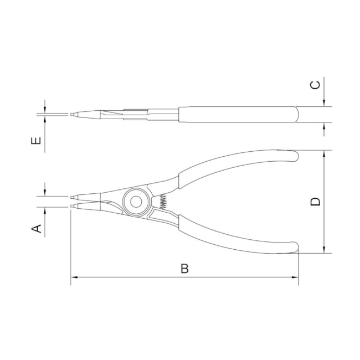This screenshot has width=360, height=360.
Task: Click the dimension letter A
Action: pyautogui.click(x=36, y=229)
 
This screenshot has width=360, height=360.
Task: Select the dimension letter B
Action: pyautogui.click(x=184, y=268)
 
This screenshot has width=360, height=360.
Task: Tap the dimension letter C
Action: pyautogui.click(x=315, y=85)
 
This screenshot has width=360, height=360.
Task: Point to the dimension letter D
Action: pyautogui.click(x=315, y=202)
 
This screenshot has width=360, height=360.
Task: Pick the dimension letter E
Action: pyautogui.click(x=36, y=141)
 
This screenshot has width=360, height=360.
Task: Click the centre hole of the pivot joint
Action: pyautogui.click(x=136, y=202)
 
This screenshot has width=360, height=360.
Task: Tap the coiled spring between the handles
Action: pyautogui.click(x=163, y=202)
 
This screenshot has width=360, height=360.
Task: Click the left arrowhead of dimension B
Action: pyautogui.click(x=74, y=277)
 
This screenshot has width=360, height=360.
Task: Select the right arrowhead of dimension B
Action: pyautogui.click(x=296, y=277)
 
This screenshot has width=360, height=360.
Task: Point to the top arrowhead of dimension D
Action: pyautogui.click(x=324, y=153)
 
